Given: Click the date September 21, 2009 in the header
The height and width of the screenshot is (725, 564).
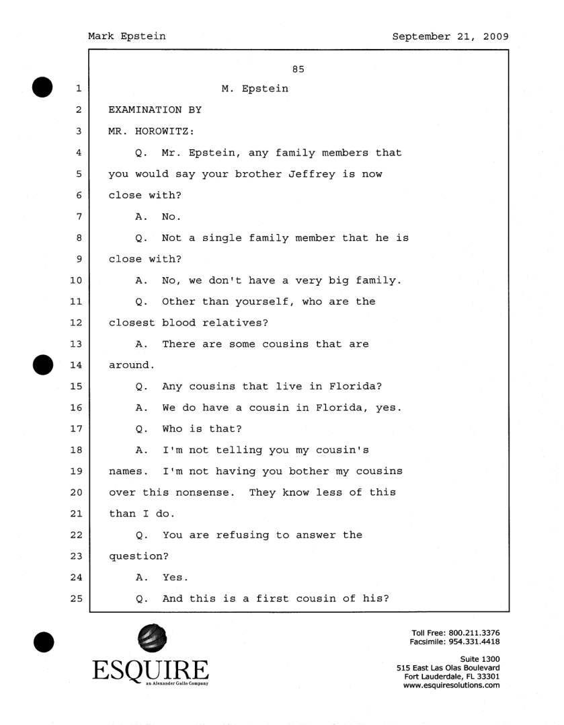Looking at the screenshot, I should pos(450,36).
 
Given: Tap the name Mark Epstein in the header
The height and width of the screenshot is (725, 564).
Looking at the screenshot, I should pos(127,36).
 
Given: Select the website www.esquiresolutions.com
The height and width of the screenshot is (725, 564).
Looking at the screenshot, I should pos(451,685).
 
